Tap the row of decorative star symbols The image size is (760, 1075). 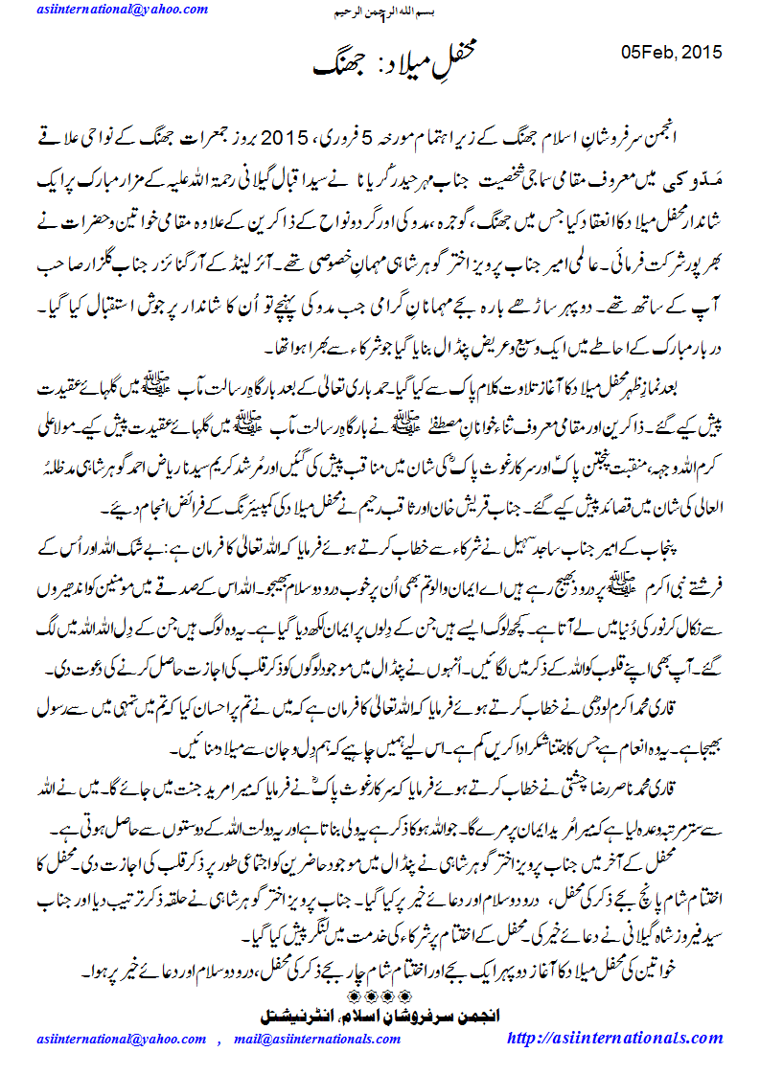tap(381, 995)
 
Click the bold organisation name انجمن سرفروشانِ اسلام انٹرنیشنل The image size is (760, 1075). tap(380, 1013)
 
